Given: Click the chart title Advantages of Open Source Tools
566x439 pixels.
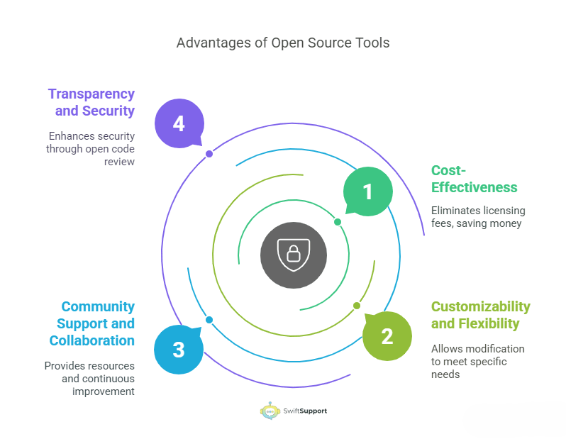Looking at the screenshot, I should (x=282, y=43).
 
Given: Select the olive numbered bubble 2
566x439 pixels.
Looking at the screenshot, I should (x=387, y=335).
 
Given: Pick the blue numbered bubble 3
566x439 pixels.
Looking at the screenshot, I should (x=179, y=349).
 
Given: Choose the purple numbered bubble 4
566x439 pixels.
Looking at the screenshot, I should (x=179, y=123).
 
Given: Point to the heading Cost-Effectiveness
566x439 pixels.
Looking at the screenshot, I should (x=474, y=179).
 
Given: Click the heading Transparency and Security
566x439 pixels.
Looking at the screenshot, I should (x=91, y=102).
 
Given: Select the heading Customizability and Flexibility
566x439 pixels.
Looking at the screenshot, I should (x=480, y=315).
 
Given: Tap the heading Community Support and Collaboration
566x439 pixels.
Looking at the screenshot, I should (x=92, y=323).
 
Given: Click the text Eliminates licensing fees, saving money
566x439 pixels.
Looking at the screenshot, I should (x=478, y=217).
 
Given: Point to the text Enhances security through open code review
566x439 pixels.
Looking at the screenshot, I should (x=91, y=149).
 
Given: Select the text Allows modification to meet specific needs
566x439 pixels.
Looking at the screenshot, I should (x=477, y=361).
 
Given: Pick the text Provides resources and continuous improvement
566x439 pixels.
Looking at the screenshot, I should (x=89, y=379).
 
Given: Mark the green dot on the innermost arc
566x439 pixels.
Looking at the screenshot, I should (x=338, y=222).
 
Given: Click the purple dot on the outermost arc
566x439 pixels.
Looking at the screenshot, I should (x=209, y=153).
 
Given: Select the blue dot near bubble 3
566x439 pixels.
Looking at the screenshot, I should (x=209, y=320).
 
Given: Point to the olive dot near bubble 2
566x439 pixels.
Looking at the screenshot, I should (x=357, y=306).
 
